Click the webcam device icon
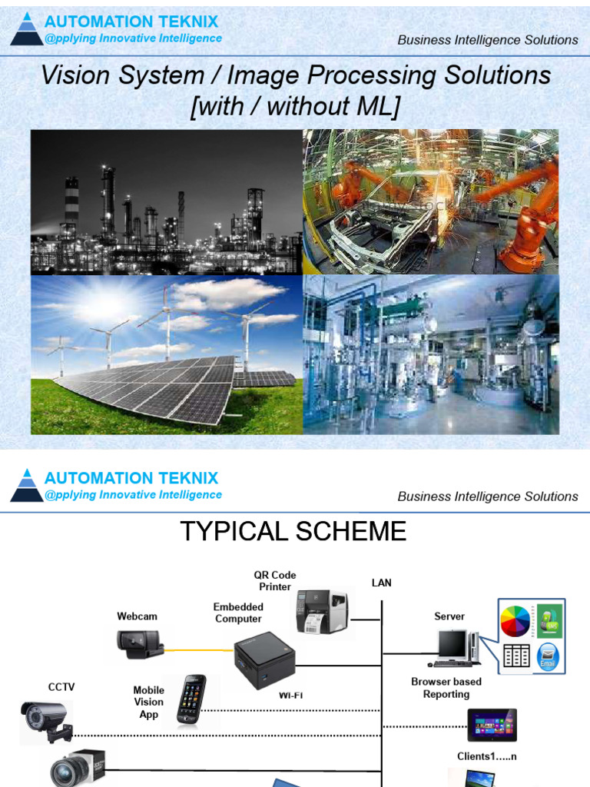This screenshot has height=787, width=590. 139,644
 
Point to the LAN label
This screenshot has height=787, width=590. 382,583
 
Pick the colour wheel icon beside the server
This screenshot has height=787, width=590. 515,621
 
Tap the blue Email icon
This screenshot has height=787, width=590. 548,658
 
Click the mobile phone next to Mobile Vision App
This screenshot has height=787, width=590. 191,700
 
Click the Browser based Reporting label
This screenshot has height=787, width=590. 446,688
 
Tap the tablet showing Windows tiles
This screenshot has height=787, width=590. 492,725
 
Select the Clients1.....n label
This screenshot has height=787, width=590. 487,756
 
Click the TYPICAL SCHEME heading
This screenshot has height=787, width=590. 293,531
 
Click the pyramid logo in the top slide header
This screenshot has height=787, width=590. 27,29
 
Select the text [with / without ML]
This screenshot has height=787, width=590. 295,106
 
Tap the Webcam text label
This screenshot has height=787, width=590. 137,616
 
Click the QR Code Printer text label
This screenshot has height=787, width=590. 275,581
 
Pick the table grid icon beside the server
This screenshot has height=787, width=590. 515,656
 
